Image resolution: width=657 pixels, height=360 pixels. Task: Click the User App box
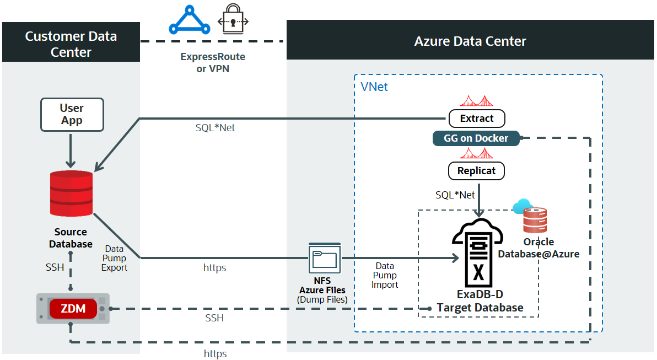pos(72,114)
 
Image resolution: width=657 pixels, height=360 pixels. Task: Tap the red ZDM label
pos(73,308)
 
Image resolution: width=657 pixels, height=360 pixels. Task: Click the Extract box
pos(476,118)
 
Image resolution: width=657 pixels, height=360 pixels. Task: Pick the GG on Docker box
pos(476,138)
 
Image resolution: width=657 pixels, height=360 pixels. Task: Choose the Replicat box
pos(476,171)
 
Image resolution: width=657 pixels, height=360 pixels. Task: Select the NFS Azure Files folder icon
pos(325,259)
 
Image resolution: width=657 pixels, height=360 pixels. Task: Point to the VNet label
pos(374,87)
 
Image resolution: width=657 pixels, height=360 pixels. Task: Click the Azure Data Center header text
pos(470,41)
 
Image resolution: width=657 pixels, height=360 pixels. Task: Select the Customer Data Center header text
pos(71,44)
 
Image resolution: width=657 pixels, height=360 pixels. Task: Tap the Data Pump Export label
pos(114,258)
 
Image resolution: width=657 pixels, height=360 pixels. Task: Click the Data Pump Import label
pos(385,275)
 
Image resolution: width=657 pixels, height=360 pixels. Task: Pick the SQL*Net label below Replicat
pos(455,195)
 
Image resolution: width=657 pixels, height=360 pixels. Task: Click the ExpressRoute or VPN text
pos(213,63)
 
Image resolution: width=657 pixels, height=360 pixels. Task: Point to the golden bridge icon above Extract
pos(476,100)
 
